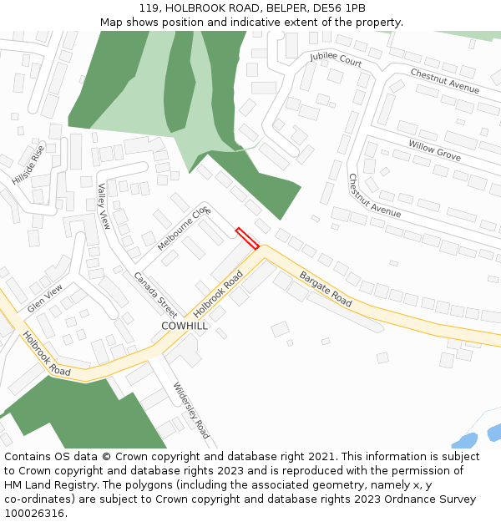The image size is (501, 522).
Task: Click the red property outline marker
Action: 247,238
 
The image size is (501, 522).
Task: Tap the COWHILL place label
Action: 185,326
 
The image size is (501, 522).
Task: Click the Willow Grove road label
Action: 434,150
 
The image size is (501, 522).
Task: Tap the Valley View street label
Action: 104,206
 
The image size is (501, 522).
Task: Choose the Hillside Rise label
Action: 28,165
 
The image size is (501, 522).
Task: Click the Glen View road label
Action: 44,298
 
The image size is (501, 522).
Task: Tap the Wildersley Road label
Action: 191,411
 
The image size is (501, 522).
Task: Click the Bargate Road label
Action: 326,288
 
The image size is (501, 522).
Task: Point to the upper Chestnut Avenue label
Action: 444,81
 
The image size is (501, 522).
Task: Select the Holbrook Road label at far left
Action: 46,352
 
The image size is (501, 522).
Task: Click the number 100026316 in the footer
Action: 34,513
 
